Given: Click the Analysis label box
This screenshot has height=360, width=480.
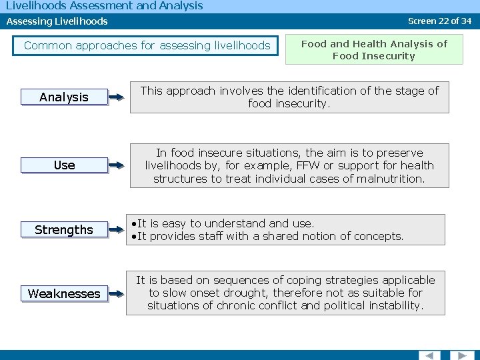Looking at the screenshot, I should coord(64,97).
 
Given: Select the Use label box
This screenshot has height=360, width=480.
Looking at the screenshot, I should coord(64,165).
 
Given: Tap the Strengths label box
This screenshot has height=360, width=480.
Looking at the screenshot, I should coord(64,230).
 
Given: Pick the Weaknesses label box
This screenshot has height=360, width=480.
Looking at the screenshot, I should coord(64,294).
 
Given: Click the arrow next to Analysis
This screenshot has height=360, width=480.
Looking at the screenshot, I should coord(116,97).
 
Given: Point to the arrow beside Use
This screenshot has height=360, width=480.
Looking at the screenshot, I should coord(116,165).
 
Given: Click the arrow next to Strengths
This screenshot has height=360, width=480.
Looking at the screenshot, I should coord(116,230).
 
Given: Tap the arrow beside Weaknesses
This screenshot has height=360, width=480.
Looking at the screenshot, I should coord(116,294).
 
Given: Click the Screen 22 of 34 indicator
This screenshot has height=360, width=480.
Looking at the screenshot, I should coord(439,21).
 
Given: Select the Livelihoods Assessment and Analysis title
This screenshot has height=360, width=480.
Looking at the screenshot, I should coord(104,6).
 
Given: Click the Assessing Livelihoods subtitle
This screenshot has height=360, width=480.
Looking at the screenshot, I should coord(57,21).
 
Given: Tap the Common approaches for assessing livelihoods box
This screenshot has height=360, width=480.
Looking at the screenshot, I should coord(147,45).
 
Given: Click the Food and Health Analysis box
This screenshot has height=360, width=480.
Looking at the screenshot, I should coord(374,50).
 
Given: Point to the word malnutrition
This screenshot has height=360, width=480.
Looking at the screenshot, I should coord(391,179).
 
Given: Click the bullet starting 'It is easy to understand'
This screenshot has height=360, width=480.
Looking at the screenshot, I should coord(225,223).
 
